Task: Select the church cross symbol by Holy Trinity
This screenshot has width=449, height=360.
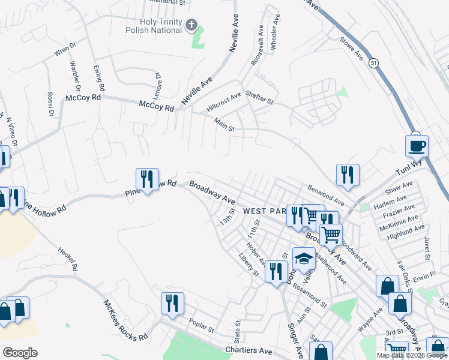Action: click(x=191, y=25)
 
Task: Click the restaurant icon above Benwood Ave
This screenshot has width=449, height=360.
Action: click(x=348, y=175)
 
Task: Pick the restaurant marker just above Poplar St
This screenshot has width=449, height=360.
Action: click(x=172, y=303)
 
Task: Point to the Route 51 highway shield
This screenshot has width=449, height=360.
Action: click(x=374, y=63)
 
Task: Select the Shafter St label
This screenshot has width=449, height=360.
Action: click(x=259, y=101)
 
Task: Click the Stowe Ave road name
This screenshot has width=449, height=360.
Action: click(x=352, y=48)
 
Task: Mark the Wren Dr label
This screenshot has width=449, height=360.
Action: click(x=65, y=49)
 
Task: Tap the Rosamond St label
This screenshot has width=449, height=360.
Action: click(x=309, y=293)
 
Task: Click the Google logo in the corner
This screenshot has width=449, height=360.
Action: click(x=20, y=352)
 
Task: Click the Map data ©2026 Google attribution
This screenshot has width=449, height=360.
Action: click(x=412, y=355)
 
